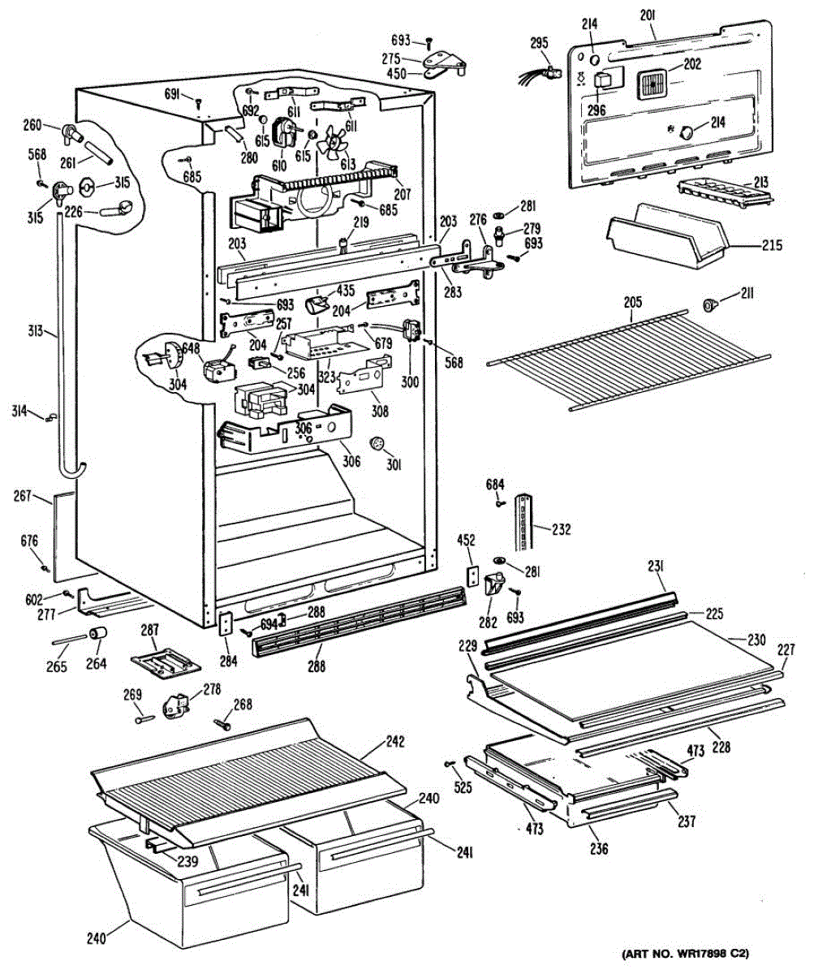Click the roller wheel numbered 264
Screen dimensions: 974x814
tap(98, 634)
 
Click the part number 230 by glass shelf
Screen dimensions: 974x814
tap(756, 640)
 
